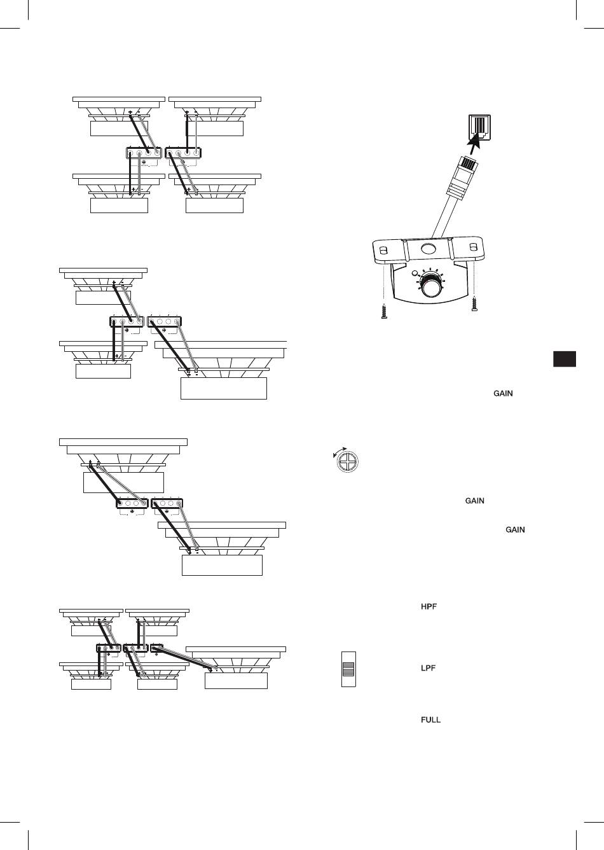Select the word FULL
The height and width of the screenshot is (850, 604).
coord(430,720)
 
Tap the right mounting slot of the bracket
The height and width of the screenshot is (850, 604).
coord(473,247)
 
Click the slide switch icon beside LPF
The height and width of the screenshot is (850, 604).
coord(348,669)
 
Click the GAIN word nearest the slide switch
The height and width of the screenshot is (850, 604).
coord(515,530)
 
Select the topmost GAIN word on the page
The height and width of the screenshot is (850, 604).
coord(503,394)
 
